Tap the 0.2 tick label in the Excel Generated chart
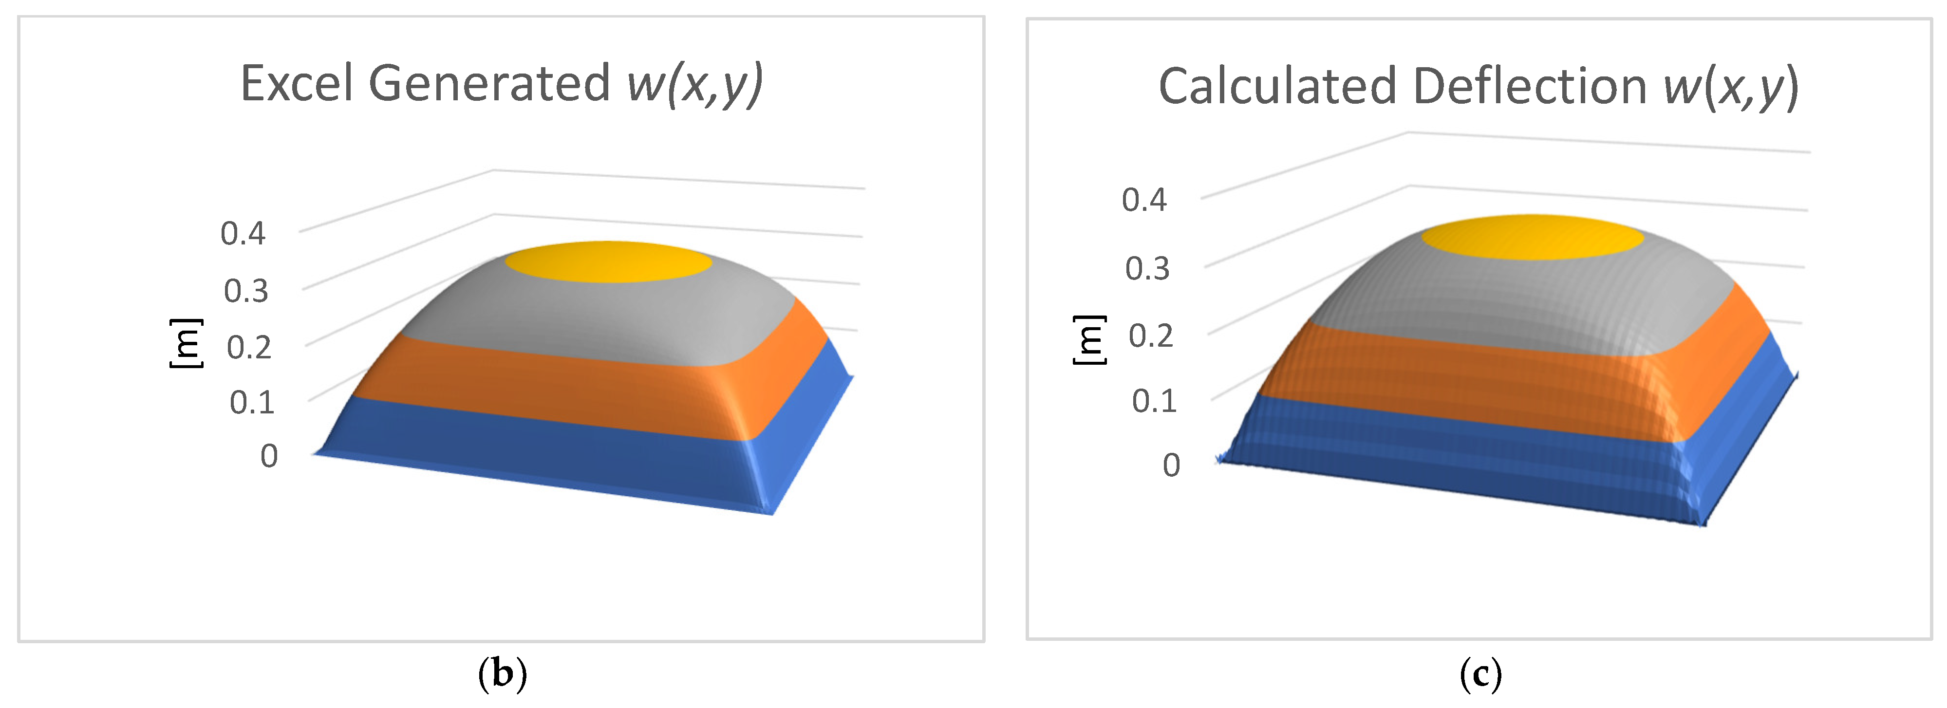click(x=249, y=348)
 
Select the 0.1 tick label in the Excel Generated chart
click(x=252, y=402)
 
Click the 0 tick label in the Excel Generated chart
click(x=269, y=456)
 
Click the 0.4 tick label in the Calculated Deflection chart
click(x=1144, y=200)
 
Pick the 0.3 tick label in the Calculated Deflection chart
click(x=1147, y=268)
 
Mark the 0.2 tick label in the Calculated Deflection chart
click(x=1150, y=335)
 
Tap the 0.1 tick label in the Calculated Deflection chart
click(x=1154, y=400)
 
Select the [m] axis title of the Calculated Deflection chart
click(x=1088, y=339)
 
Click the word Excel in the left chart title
click(x=296, y=83)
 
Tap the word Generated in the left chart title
click(x=489, y=83)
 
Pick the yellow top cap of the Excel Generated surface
click(x=608, y=262)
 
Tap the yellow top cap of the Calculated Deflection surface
click(x=1532, y=237)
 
